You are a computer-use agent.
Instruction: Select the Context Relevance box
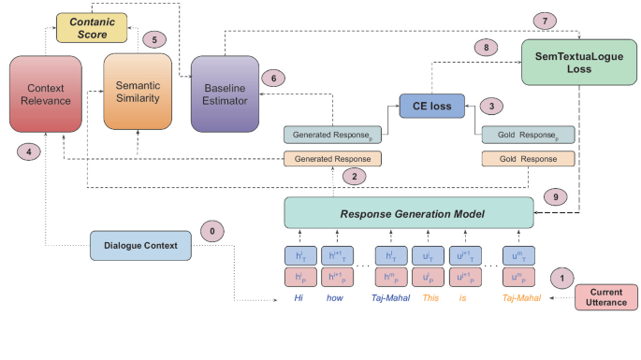46,94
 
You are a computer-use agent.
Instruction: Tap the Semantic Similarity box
138,94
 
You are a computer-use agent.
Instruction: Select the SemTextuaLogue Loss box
571,64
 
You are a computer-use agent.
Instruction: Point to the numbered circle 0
211,231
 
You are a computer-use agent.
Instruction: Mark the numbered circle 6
272,79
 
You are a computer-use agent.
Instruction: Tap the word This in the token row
430,298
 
